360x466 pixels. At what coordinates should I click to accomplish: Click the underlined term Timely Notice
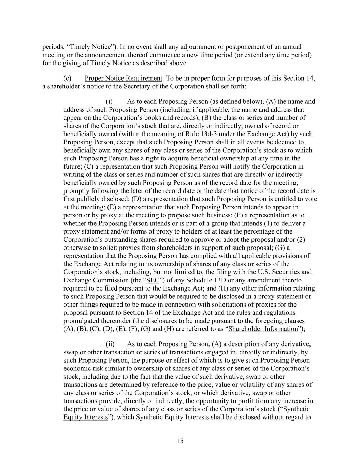point(90,47)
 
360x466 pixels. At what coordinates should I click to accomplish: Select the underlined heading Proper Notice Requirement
point(124,78)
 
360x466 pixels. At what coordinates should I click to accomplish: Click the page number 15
point(180,441)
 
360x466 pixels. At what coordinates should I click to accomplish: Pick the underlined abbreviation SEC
point(152,280)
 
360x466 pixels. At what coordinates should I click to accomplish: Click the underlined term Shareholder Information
point(263,329)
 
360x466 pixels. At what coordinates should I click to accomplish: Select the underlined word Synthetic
point(297,409)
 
